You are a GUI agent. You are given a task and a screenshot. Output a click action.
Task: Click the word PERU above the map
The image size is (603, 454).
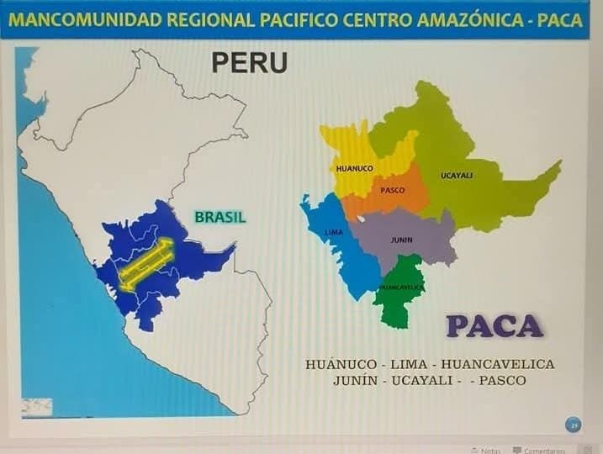coord(249,62)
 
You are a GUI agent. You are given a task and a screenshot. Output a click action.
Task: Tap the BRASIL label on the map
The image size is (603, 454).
coord(220,217)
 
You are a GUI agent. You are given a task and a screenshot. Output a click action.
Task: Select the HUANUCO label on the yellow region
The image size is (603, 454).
coord(354,168)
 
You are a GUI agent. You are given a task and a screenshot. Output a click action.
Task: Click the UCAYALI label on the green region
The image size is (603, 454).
coord(457,176)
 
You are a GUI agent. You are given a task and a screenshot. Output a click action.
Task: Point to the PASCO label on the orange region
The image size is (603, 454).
coord(392,191)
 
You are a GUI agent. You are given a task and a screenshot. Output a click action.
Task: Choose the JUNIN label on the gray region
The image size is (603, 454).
coord(401,240)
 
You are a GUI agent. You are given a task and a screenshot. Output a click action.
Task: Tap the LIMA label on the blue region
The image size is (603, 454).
coord(333,231)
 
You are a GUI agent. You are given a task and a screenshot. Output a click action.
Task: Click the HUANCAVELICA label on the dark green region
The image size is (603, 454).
coord(400,288)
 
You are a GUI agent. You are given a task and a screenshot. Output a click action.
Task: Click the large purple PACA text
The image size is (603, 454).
coord(495,325)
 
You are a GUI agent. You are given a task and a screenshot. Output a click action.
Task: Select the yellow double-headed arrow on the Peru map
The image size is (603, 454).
coord(145,264)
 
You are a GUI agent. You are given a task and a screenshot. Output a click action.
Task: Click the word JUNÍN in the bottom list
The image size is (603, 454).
coord(357,380)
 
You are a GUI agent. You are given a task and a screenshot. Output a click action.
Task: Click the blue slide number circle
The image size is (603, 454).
coord(574,425)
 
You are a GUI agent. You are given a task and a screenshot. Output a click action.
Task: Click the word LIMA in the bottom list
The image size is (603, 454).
coord(406,364)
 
